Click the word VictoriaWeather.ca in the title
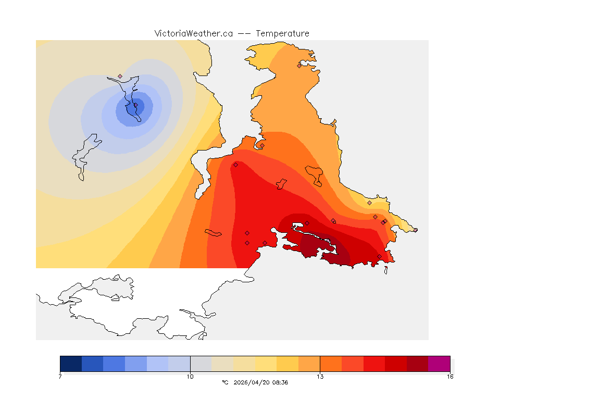pos(193,33)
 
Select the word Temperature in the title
pos(282,33)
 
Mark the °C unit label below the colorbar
pos(225,382)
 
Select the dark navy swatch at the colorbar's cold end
pos(71,364)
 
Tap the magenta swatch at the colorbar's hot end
pos(439,364)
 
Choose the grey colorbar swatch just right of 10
pos(201,364)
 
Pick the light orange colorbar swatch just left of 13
pos(309,364)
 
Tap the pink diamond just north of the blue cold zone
pos(120,76)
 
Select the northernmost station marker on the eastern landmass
pos(299,66)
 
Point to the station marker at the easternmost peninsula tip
pos(415,230)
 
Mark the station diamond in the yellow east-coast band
pos(369,203)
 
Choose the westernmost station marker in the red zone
pos(235,165)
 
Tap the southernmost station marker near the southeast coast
pos(379,256)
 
